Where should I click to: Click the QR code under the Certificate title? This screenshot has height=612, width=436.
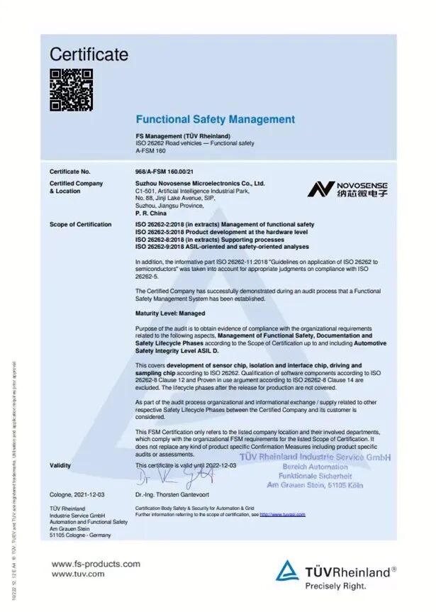click(x=71, y=89)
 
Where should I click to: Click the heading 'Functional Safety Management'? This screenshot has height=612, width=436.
click(x=215, y=120)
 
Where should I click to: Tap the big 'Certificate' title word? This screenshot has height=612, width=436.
click(x=89, y=55)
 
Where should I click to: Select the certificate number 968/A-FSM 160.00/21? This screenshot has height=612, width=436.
click(x=164, y=172)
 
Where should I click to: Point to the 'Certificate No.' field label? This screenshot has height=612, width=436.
click(x=70, y=172)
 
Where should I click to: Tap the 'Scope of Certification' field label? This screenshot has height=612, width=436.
click(x=80, y=225)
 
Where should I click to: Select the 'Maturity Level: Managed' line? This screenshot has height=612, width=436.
click(x=170, y=313)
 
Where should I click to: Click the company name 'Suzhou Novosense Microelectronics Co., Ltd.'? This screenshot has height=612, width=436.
click(x=200, y=183)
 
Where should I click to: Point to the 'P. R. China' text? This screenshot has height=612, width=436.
click(x=150, y=211)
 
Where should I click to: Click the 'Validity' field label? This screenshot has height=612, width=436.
click(x=60, y=464)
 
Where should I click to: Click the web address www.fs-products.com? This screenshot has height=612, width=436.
click(x=96, y=564)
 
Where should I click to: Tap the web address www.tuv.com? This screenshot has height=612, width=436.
click(x=78, y=574)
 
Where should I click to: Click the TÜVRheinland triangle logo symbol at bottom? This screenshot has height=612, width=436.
click(x=289, y=571)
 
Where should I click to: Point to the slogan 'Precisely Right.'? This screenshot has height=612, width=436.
click(x=336, y=586)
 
